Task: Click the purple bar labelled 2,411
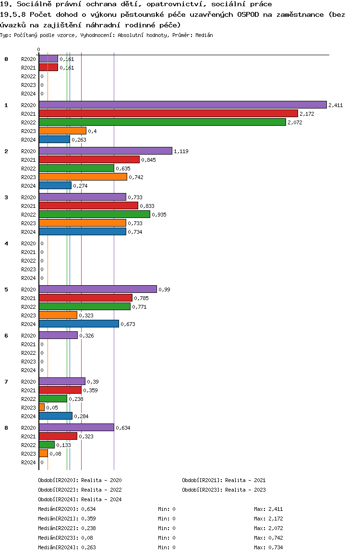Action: (182, 105)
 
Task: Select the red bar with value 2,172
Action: (168, 113)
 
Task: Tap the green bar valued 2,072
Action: (162, 122)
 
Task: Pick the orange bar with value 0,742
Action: (83, 177)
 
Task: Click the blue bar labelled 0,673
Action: (79, 324)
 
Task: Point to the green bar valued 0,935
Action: (94, 214)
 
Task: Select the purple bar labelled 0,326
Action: (58, 335)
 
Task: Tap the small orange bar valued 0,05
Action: (42, 407)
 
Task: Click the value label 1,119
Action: (181, 151)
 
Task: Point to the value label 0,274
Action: (80, 186)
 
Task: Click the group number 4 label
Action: (6, 243)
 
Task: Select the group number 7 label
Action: (6, 382)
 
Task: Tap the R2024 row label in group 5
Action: (28, 324)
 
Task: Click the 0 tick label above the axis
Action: (39, 49)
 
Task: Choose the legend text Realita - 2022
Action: (101, 490)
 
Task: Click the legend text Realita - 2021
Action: (245, 480)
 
